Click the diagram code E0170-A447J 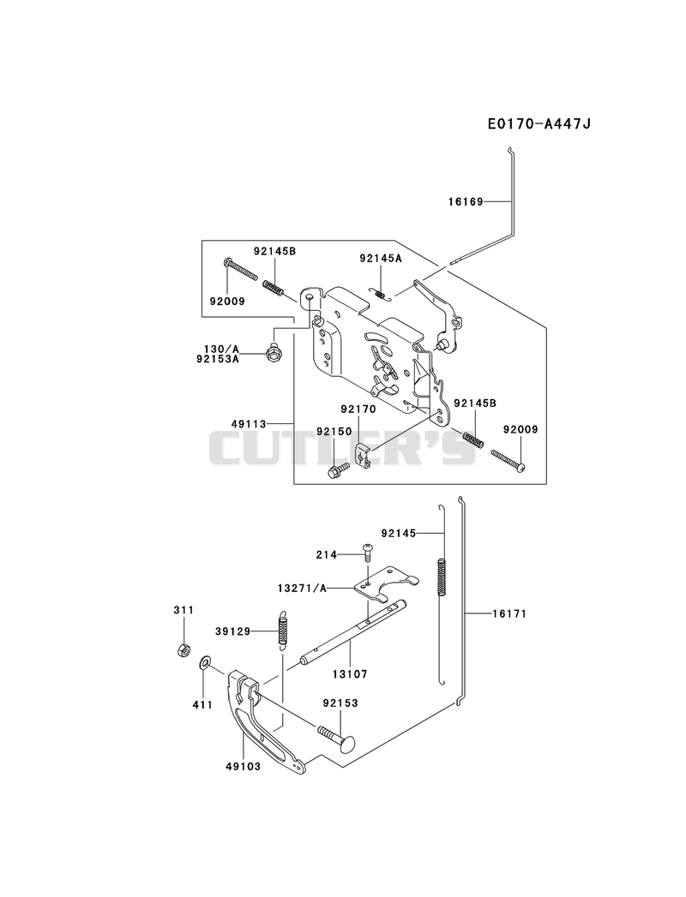[x=539, y=123]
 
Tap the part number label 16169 [x=466, y=201]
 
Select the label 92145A [x=381, y=258]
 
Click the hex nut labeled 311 [x=184, y=650]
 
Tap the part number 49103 [x=244, y=766]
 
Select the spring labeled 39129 [x=282, y=631]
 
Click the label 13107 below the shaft [x=350, y=674]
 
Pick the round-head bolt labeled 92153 [x=336, y=738]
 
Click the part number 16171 [x=509, y=613]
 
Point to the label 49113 [x=249, y=424]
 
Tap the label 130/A [x=221, y=349]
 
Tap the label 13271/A [x=302, y=588]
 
